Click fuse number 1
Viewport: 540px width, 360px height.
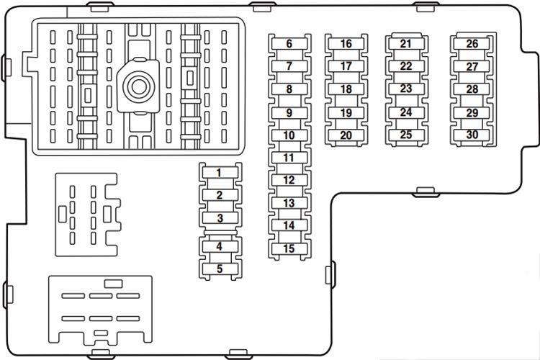[220, 173]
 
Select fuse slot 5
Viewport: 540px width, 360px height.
[220, 269]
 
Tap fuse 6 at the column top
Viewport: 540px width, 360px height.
[289, 44]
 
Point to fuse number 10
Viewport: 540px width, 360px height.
[289, 135]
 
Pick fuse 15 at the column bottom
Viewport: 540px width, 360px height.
[289, 248]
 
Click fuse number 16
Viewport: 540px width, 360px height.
[346, 44]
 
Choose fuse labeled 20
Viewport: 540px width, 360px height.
[346, 135]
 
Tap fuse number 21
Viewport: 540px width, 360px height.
[406, 43]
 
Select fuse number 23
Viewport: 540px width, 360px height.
[406, 89]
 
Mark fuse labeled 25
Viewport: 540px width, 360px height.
[406, 135]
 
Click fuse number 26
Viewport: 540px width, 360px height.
[472, 43]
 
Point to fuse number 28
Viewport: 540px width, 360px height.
[472, 89]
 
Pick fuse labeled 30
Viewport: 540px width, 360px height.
[472, 135]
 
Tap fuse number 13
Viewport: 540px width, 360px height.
[289, 203]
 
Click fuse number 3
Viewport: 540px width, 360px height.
[220, 217]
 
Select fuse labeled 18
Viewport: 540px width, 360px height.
[346, 89]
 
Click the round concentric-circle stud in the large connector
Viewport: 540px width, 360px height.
[138, 86]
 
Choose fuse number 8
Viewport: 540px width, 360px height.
[289, 89]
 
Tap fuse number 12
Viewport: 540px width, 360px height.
[289, 180]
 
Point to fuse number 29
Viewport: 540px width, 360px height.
[472, 112]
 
